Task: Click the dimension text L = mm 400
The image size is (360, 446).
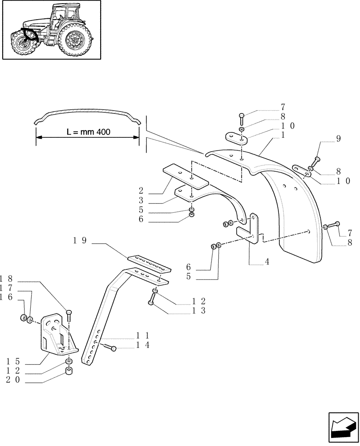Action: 88,132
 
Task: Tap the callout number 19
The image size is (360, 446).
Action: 80,241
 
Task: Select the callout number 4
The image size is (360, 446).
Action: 267,262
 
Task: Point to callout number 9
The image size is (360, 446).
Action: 338,139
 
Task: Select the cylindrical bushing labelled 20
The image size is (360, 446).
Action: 70,372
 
